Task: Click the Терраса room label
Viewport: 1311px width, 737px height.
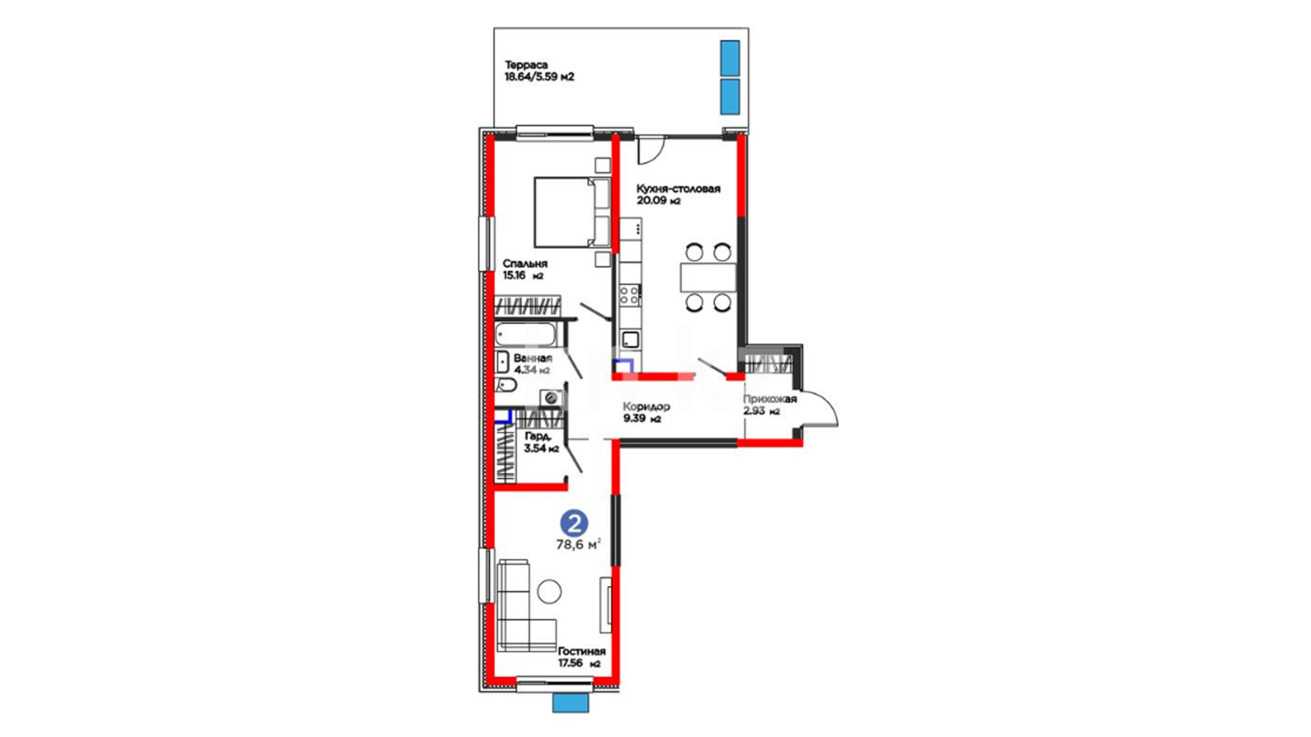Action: click(x=526, y=65)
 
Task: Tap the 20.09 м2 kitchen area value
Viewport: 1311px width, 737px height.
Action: click(x=659, y=201)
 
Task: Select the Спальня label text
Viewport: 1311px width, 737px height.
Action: click(x=525, y=263)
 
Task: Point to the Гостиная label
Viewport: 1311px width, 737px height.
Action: click(x=582, y=651)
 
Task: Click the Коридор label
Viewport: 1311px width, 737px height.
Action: click(x=647, y=407)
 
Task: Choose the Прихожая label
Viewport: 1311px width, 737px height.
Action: click(x=770, y=399)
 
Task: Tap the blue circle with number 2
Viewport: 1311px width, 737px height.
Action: click(x=574, y=523)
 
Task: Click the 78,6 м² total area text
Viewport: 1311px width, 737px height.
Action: click(x=578, y=544)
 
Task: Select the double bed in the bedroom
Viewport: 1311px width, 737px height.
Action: click(x=572, y=212)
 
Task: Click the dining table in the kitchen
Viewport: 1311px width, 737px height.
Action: click(x=708, y=277)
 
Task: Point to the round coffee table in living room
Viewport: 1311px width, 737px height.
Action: click(x=550, y=592)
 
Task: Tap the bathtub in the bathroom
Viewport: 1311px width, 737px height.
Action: click(x=526, y=334)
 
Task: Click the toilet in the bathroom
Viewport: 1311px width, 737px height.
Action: click(x=505, y=385)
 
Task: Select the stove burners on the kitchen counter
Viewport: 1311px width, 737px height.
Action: click(x=630, y=295)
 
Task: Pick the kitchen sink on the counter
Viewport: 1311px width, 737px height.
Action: click(x=630, y=339)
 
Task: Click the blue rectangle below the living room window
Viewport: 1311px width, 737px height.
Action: click(x=571, y=704)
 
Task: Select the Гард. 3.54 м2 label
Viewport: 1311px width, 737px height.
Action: click(x=541, y=442)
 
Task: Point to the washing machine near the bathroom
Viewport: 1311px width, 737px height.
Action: click(x=550, y=398)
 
